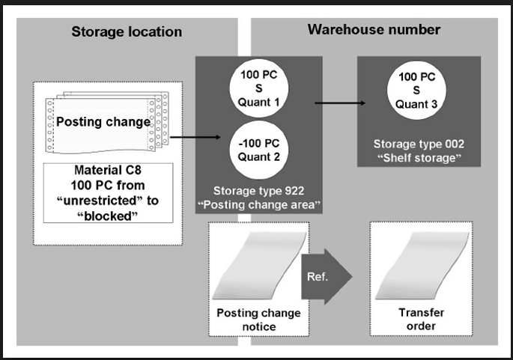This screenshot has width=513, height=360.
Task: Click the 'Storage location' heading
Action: pyautogui.click(x=127, y=31)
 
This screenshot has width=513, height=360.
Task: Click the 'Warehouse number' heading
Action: pyautogui.click(x=374, y=30)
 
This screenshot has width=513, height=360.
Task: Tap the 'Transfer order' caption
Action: pyautogui.click(x=417, y=318)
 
